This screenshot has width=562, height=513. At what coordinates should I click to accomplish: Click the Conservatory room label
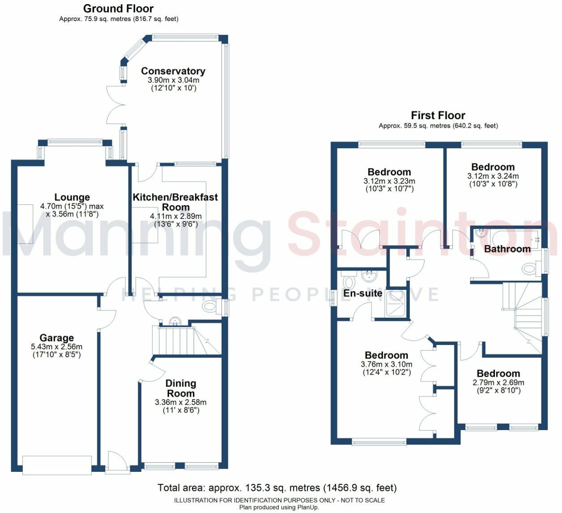(x=173, y=71)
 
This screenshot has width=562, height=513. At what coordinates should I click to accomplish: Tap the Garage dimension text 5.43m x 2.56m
(x=56, y=346)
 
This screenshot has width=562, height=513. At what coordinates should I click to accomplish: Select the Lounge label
(x=72, y=197)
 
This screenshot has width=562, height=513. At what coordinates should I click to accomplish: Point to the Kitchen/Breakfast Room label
(x=175, y=202)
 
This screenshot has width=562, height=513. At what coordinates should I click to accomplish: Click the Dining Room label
(x=181, y=388)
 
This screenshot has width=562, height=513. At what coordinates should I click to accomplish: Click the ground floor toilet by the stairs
(x=209, y=307)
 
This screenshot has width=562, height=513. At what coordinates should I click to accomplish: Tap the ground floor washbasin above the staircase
(x=175, y=321)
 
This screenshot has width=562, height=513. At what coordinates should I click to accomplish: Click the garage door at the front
(x=57, y=465)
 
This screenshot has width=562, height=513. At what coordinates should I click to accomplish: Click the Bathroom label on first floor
(x=507, y=249)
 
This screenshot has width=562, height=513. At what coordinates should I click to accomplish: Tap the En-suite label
(x=362, y=293)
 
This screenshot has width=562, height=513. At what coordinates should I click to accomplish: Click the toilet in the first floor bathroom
(x=529, y=269)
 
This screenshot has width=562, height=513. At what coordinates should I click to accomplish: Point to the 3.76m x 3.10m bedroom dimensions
(x=386, y=364)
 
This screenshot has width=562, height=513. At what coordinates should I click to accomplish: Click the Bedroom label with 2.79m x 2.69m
(x=498, y=373)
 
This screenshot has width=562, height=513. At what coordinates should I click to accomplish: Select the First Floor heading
(x=438, y=115)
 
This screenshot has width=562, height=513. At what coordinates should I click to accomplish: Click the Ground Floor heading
(x=118, y=9)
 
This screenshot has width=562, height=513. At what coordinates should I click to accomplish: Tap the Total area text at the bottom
(x=277, y=487)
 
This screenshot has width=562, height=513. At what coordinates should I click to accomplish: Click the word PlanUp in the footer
(x=309, y=508)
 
